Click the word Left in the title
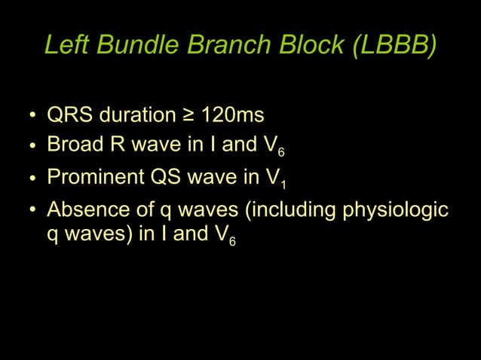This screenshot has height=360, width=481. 63,46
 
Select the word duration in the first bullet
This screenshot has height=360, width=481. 136,116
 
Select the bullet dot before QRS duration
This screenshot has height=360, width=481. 32,117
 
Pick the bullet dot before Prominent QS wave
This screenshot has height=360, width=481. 32,178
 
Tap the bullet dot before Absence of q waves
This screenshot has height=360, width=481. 32,209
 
